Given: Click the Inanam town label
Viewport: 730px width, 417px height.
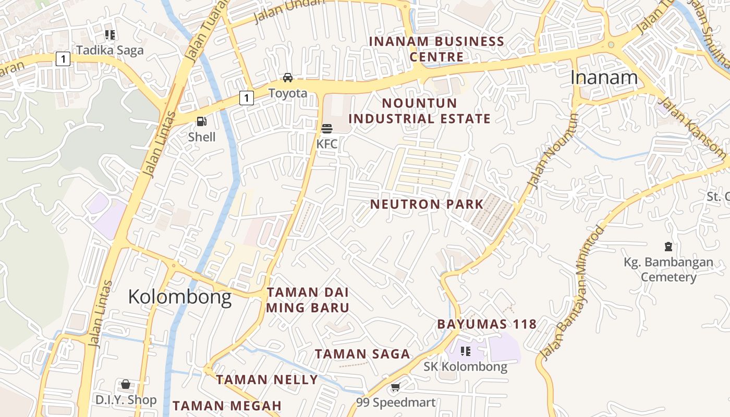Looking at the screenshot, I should click(x=604, y=78).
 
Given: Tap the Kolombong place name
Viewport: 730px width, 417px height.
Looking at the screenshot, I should click(x=179, y=297).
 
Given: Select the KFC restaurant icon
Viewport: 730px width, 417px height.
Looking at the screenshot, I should click(x=327, y=128).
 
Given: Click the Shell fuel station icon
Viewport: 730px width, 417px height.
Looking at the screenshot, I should click(x=201, y=122).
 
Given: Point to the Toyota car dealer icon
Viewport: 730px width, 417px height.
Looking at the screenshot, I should click(x=287, y=78).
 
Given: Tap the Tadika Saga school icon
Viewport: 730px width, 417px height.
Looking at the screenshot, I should click(x=110, y=35).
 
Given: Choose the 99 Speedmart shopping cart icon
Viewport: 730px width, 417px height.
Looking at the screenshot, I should click(x=395, y=387).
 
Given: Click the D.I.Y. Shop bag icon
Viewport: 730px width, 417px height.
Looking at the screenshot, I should click(x=126, y=385).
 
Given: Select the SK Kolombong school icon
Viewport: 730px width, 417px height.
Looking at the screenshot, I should click(x=465, y=351).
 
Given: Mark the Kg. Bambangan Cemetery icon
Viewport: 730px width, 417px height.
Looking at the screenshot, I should click(x=668, y=247).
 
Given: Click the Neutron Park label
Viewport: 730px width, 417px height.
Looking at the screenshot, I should click(x=427, y=204).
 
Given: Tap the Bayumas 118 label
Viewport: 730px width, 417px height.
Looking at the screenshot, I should click(x=486, y=324).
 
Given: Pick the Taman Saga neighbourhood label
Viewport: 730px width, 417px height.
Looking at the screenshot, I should click(x=362, y=354).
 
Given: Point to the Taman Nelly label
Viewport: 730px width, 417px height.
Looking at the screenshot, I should click(x=266, y=380).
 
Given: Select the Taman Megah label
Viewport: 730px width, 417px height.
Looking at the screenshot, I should click(x=227, y=406).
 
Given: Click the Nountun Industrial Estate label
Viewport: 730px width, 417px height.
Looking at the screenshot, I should click(x=419, y=111).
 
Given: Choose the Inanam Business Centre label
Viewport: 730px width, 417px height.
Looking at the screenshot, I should click(x=436, y=49).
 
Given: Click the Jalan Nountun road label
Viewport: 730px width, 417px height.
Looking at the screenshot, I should click(x=553, y=151).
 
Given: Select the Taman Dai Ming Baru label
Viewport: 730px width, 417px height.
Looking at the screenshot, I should click(x=308, y=300).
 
